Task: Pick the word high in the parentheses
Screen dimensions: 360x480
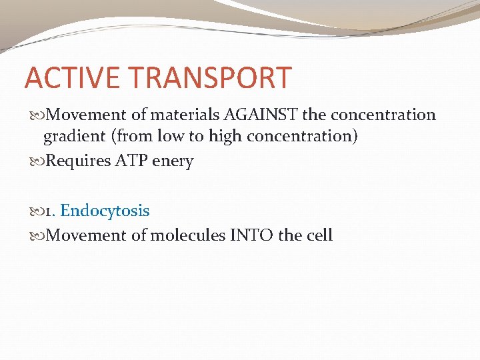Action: (x=225, y=137)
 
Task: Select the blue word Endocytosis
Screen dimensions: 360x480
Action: (x=105, y=211)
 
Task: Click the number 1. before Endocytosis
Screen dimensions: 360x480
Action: (x=51, y=211)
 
